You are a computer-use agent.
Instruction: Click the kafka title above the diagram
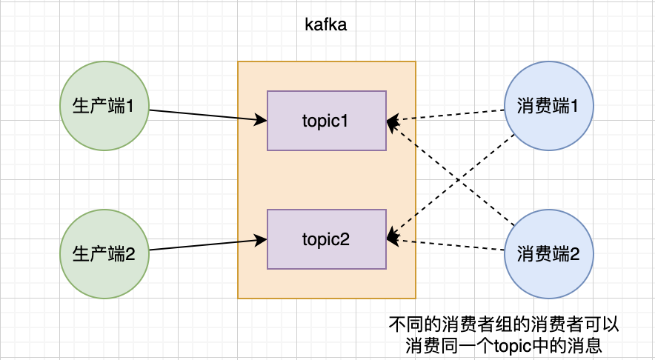click(x=326, y=24)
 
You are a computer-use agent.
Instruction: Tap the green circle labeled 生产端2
click(x=104, y=254)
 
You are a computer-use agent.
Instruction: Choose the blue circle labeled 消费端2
click(x=549, y=254)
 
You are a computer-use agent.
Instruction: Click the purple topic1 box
click(x=326, y=121)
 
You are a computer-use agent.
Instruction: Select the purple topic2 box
click(x=326, y=239)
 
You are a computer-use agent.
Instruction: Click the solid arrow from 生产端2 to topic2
click(x=207, y=244)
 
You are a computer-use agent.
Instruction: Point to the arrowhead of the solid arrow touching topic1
click(x=261, y=119)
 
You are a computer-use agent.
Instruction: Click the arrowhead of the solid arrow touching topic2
click(x=261, y=239)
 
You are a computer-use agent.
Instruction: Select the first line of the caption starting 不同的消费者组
click(x=504, y=324)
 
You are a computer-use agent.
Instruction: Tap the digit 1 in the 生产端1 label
click(x=130, y=107)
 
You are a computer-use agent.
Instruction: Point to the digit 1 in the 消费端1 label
click(x=573, y=107)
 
